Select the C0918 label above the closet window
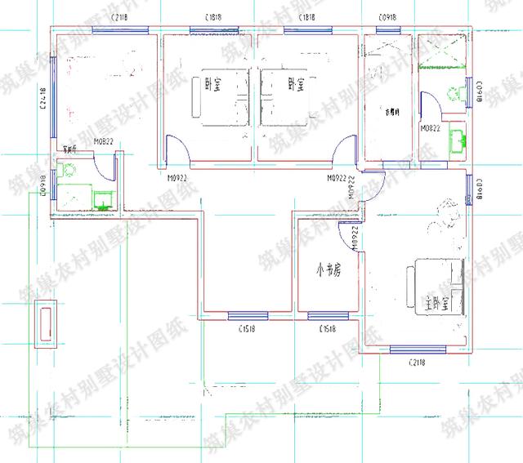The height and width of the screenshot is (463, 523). point(388,17)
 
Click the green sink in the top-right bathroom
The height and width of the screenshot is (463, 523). point(457,140)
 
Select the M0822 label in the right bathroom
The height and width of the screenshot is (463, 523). point(431,129)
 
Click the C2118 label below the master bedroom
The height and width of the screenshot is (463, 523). point(419,360)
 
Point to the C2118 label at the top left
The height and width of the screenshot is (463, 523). point(118,17)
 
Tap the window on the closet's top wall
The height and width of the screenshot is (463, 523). point(388,32)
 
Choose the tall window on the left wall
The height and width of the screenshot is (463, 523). point(54,98)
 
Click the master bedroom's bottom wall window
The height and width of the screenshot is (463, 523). point(418,349)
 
